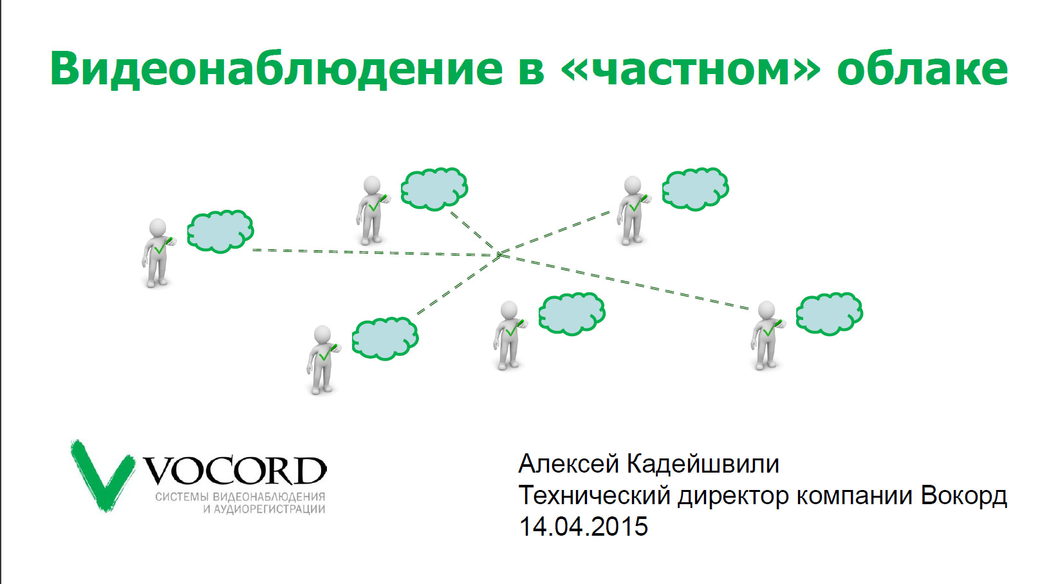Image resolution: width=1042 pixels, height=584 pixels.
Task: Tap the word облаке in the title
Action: pyautogui.click(x=922, y=69)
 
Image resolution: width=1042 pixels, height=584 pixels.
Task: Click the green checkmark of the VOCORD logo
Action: pyautogui.click(x=102, y=475)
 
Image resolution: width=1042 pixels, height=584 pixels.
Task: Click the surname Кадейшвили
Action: pyautogui.click(x=703, y=464)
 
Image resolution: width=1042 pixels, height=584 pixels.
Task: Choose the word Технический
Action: pyautogui.click(x=595, y=496)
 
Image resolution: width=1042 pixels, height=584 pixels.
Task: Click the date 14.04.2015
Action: pyautogui.click(x=583, y=527)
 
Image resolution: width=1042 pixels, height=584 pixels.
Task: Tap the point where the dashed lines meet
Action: pyautogui.click(x=499, y=254)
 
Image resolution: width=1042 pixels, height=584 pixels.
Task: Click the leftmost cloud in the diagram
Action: pyautogui.click(x=221, y=231)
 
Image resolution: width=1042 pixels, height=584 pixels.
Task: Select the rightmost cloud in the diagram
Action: pyautogui.click(x=830, y=314)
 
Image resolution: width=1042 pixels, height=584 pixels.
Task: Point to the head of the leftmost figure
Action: pyautogui.click(x=158, y=228)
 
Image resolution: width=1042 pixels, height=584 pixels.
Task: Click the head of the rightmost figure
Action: pyautogui.click(x=767, y=310)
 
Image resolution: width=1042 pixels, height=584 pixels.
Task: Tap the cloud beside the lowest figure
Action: pyautogui.click(x=385, y=338)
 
